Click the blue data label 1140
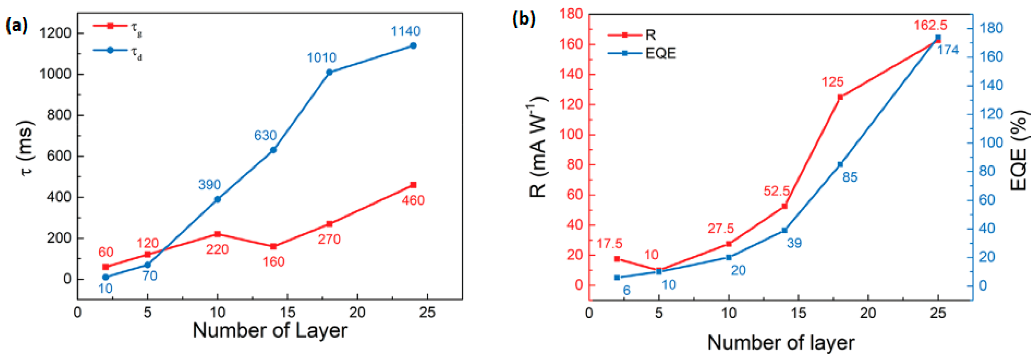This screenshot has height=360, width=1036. click(x=406, y=31)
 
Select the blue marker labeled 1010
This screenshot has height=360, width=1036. click(x=329, y=73)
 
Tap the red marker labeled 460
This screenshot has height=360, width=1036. click(x=413, y=185)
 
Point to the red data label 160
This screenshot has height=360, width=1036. click(x=273, y=262)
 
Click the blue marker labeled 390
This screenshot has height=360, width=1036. click(x=218, y=199)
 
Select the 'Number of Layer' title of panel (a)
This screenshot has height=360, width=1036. click(x=270, y=330)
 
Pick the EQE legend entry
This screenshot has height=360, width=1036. click(x=642, y=53)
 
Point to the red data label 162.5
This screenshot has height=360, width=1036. click(x=930, y=25)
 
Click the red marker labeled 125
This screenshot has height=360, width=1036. click(x=840, y=97)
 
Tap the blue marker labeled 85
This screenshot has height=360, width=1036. click(x=840, y=164)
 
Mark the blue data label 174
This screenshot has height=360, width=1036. click(x=948, y=50)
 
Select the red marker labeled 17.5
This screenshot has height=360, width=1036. click(x=617, y=259)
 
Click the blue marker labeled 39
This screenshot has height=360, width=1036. click(x=784, y=231)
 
